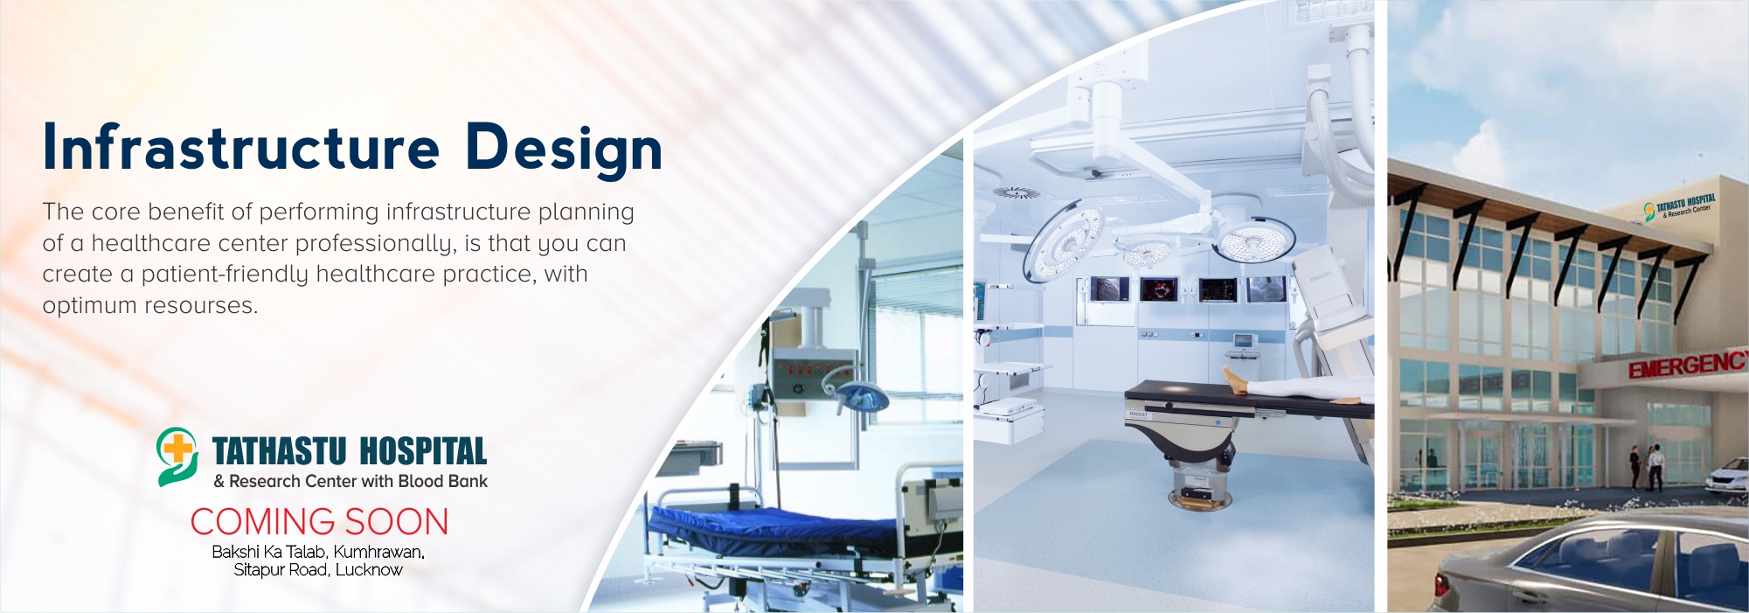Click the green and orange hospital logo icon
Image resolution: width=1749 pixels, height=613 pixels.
point(177,456)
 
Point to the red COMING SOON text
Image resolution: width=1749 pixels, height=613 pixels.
point(320,522)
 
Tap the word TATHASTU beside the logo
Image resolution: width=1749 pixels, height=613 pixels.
point(280,451)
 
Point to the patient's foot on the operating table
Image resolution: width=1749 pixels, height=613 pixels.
point(1235,381)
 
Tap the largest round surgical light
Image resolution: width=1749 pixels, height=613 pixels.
point(1065,240)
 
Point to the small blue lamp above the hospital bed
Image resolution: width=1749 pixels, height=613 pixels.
point(860,398)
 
